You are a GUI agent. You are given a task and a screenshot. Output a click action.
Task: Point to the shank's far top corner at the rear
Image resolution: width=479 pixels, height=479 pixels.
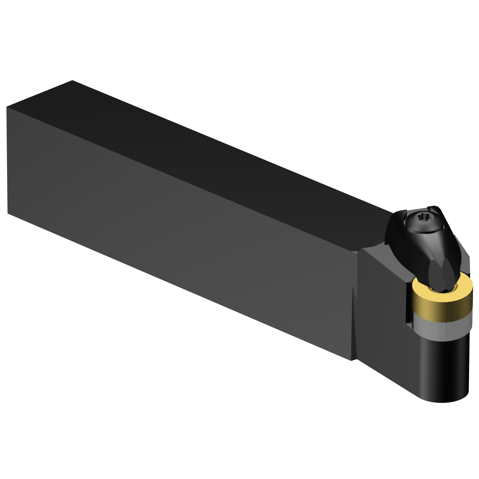(72, 81)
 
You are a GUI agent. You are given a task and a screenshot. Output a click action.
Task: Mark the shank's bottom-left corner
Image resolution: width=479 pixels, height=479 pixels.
(8, 213)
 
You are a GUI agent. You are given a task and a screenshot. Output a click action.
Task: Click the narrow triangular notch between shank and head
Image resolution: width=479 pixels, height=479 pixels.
(354, 323)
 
